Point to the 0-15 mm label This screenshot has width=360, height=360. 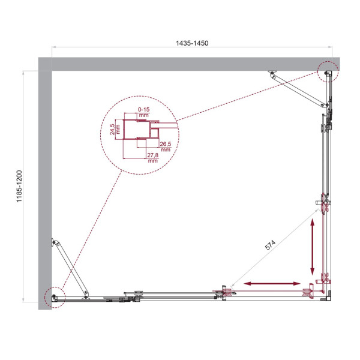[x=143, y=112]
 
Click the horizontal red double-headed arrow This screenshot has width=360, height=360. [x=272, y=283]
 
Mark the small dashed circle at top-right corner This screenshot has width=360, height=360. [x=328, y=73]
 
